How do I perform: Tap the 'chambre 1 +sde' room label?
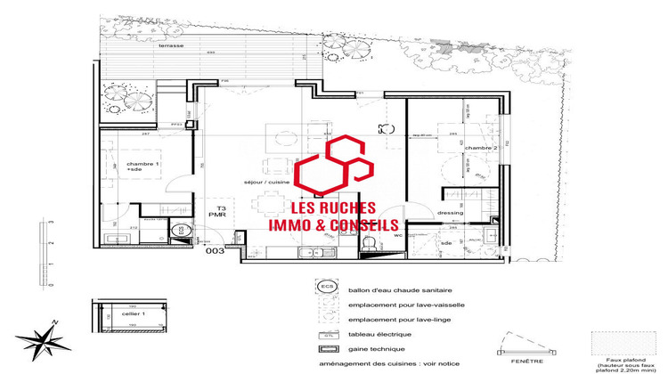[143, 167]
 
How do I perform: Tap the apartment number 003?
[214, 252]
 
